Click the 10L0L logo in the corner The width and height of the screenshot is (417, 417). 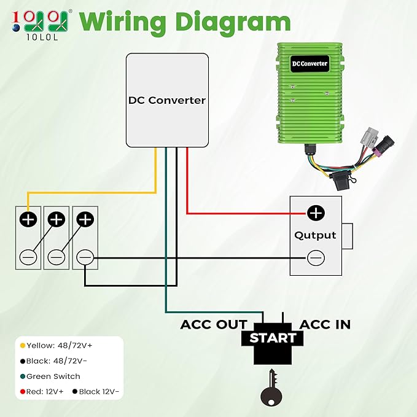40,25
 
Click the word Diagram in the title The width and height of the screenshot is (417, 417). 233,23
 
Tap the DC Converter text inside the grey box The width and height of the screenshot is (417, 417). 167,100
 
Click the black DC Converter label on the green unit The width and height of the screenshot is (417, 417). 310,63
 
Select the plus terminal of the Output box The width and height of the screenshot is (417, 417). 316,213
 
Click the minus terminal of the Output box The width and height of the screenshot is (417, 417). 316,258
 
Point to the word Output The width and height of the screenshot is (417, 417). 315,235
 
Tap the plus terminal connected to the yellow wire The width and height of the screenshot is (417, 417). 28,220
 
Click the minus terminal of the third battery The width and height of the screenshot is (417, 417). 85,257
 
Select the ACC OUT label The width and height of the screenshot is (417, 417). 214,325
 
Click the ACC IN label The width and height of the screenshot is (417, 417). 325,325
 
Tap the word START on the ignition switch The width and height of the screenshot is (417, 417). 273,338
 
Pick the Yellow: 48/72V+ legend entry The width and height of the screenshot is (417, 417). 57,346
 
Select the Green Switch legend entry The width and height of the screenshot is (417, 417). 50,376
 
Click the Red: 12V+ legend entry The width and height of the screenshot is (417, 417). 42,391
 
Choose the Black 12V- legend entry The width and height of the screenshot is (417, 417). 96,391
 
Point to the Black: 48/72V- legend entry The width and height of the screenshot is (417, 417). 53,361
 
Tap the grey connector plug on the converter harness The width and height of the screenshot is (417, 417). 370,137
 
